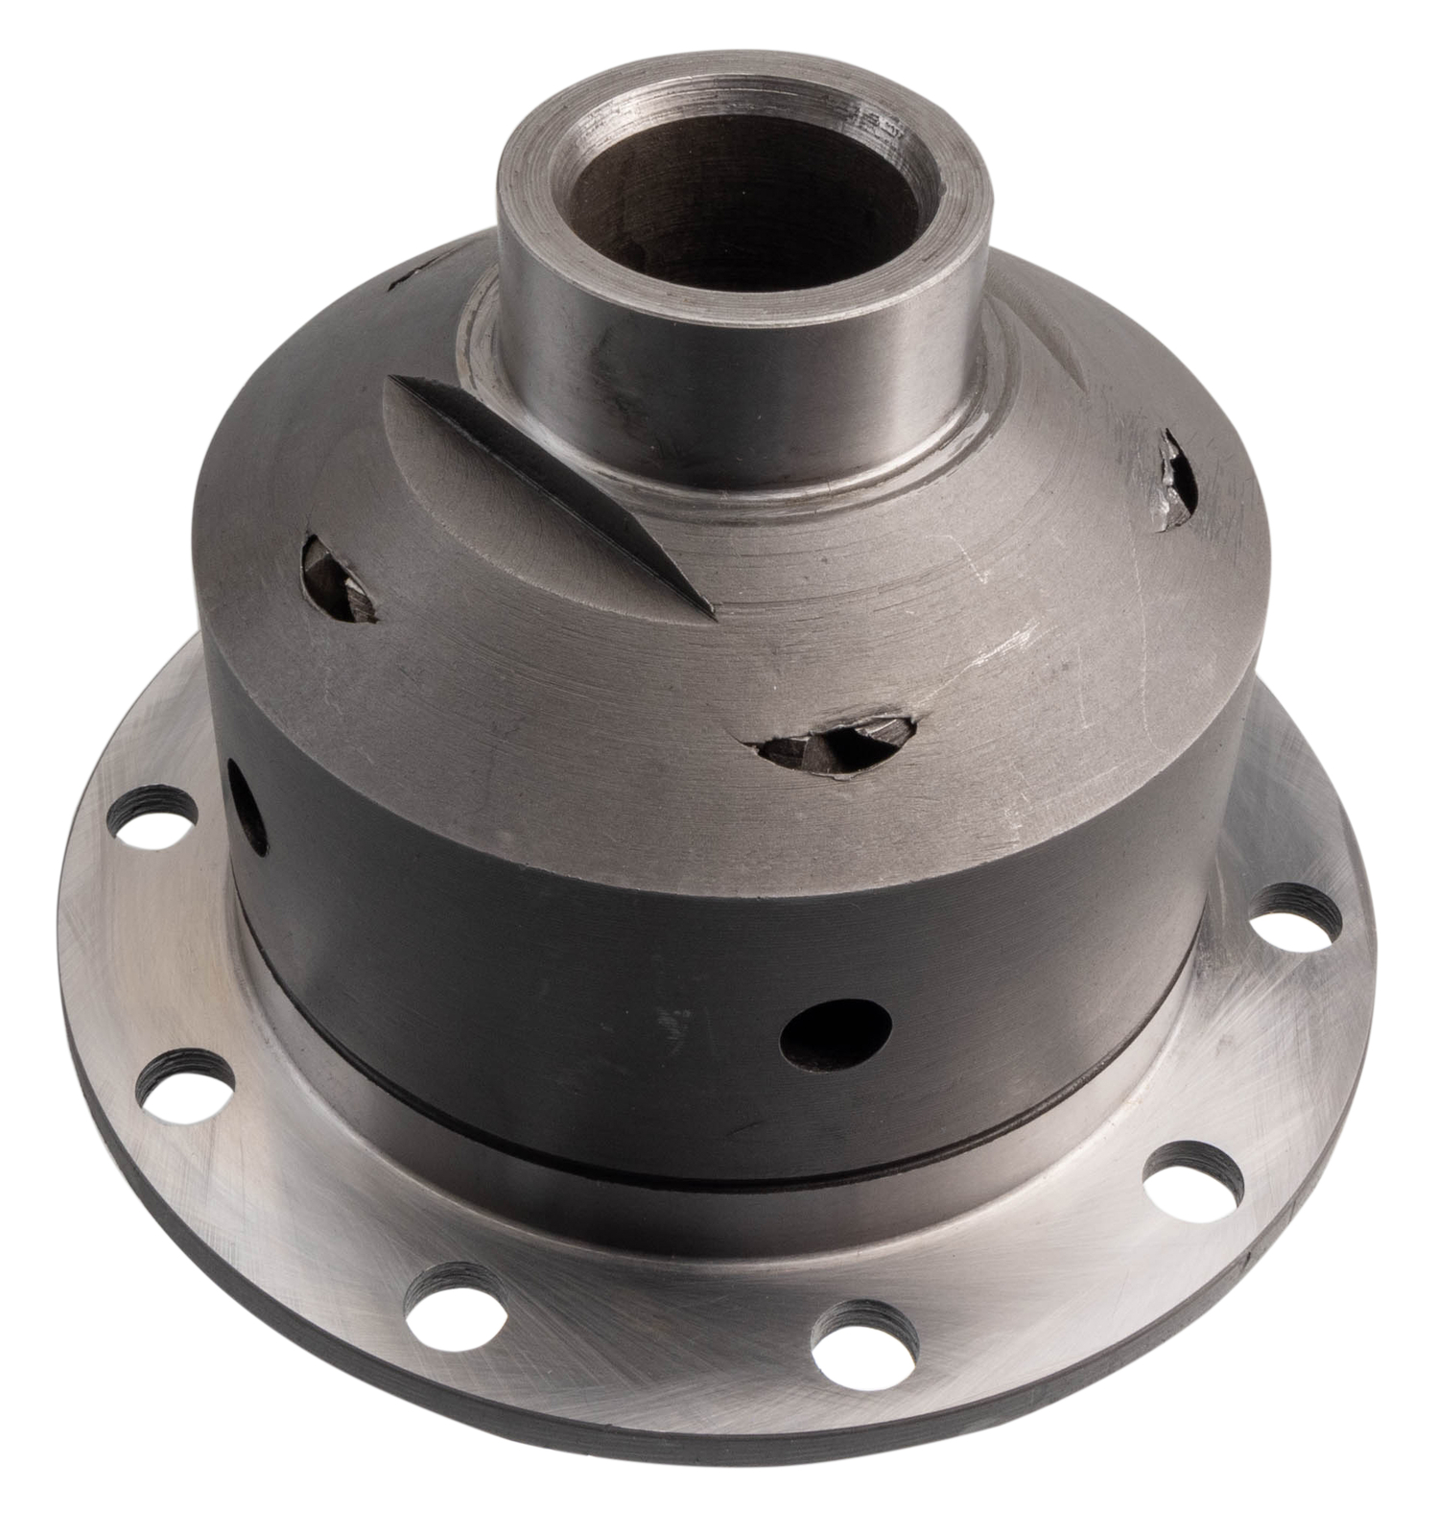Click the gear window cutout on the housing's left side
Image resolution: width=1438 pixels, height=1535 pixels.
coord(336,580)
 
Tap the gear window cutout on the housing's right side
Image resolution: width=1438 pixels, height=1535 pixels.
coord(1176,480)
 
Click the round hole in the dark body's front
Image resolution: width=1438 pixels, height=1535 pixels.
coord(835,1034)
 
